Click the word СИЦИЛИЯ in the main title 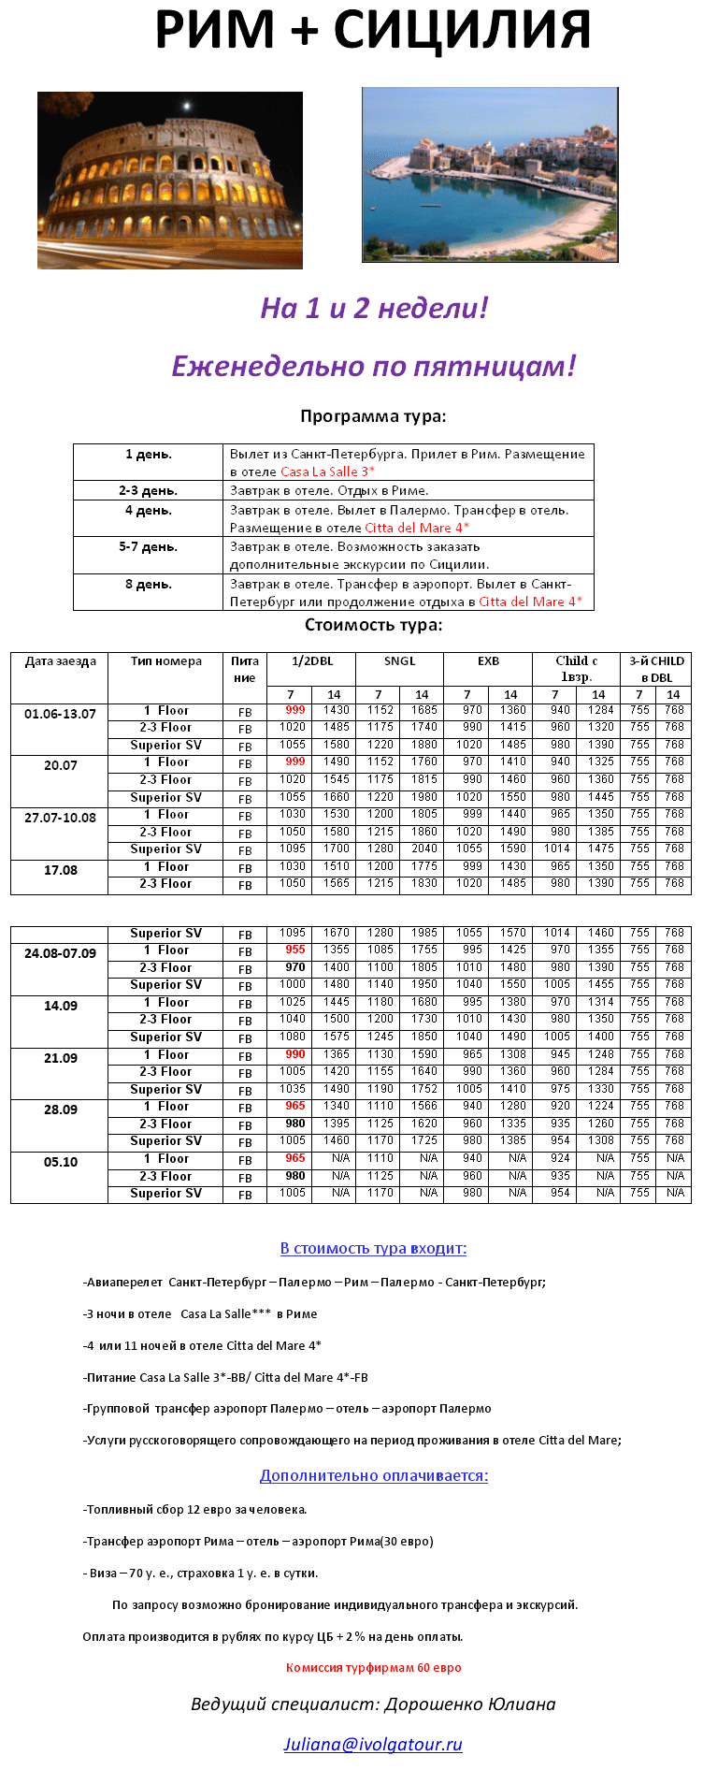click(x=463, y=31)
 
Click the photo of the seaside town click(x=490, y=175)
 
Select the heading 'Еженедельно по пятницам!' click(x=373, y=366)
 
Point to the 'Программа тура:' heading click(x=373, y=416)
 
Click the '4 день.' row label click(x=149, y=511)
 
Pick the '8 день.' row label click(x=149, y=585)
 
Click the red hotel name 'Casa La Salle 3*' click(x=327, y=471)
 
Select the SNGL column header click(x=399, y=661)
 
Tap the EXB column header click(x=488, y=661)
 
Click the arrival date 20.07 click(x=61, y=765)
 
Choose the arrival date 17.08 click(x=61, y=870)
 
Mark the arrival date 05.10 click(x=61, y=1162)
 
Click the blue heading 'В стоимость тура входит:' click(x=373, y=1248)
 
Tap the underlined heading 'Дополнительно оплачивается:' click(x=373, y=1475)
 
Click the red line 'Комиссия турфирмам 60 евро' click(x=373, y=1667)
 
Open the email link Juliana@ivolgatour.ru click(x=373, y=1744)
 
